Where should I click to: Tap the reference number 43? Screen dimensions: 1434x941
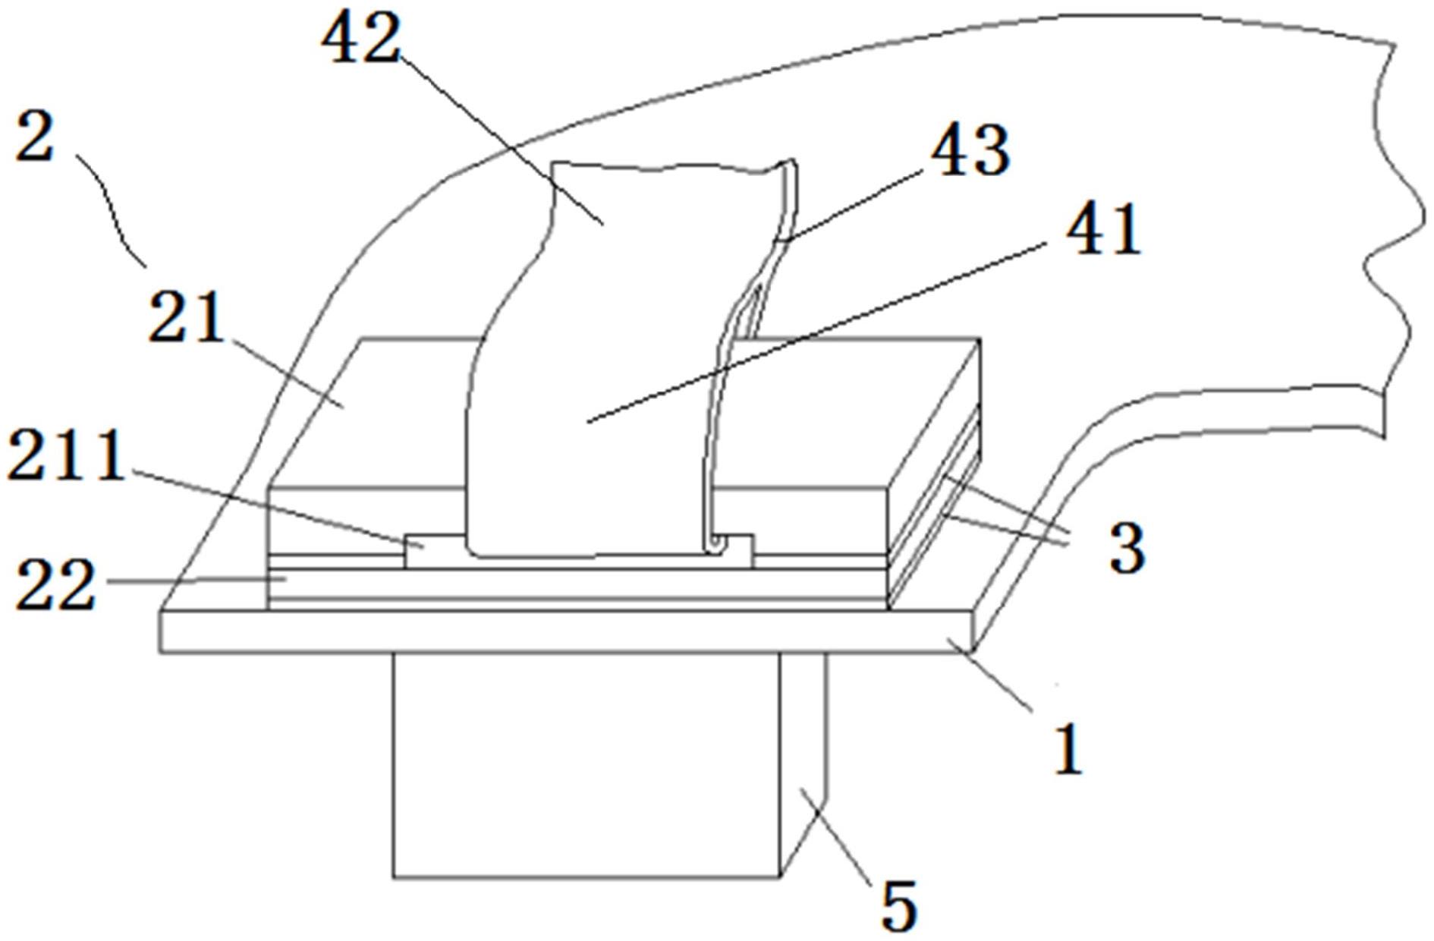[972, 151]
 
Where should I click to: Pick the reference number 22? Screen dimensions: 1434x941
[55, 584]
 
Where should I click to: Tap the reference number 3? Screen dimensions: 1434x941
[1126, 548]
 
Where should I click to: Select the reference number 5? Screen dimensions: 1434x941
[898, 905]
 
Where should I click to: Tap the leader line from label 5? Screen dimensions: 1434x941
[842, 842]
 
